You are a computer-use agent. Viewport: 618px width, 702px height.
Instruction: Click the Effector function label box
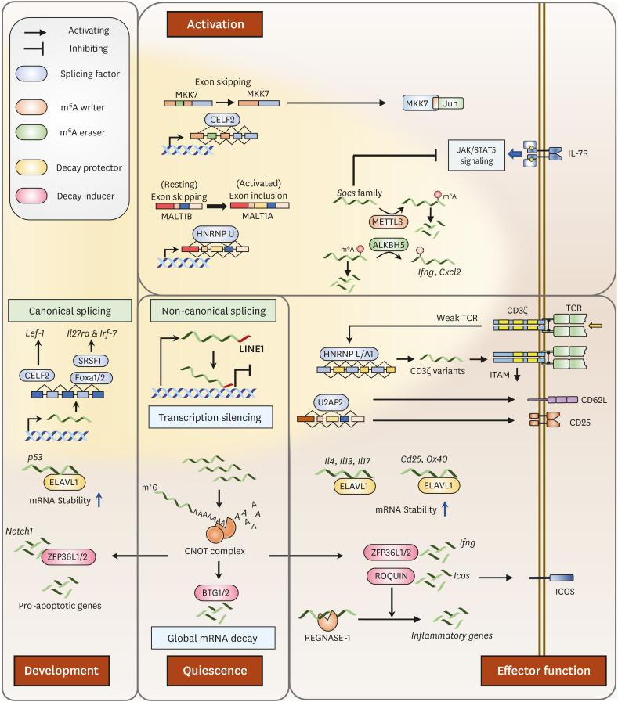point(543,669)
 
